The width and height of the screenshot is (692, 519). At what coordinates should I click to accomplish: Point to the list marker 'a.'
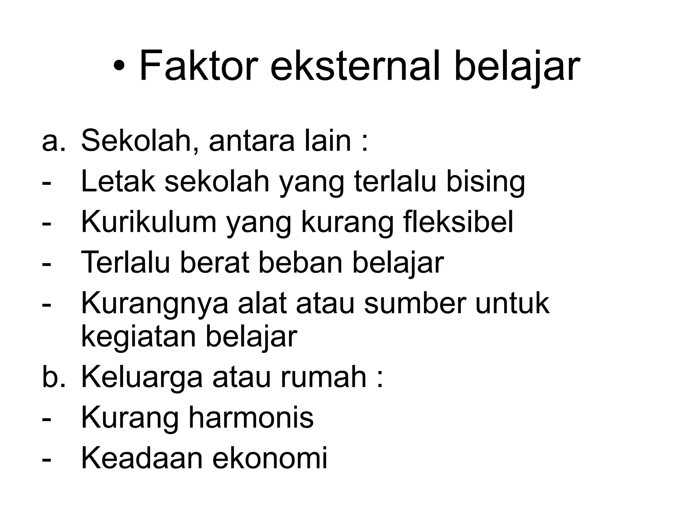[53, 141]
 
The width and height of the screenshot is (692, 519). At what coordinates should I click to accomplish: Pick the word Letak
[118, 182]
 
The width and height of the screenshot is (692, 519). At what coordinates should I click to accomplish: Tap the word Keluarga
[142, 377]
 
